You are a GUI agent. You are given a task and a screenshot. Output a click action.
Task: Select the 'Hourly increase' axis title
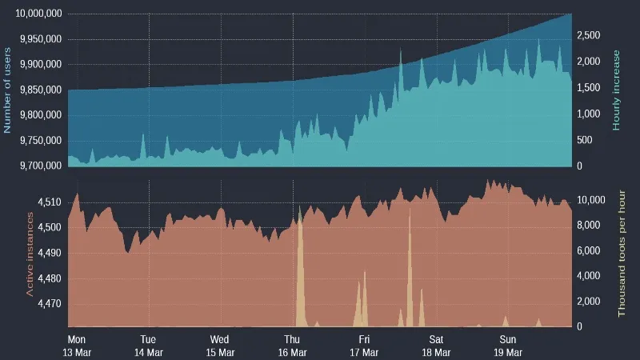(x=617, y=90)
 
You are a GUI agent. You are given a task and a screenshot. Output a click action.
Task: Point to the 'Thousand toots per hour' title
(x=622, y=254)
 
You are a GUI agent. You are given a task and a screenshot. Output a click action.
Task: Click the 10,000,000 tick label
(x=36, y=14)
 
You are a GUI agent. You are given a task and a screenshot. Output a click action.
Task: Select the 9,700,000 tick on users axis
(x=40, y=166)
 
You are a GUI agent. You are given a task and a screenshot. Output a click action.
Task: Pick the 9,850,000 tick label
(x=40, y=90)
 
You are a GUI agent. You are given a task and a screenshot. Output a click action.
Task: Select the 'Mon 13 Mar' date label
(x=77, y=345)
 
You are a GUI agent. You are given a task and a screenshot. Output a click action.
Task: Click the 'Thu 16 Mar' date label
(x=292, y=345)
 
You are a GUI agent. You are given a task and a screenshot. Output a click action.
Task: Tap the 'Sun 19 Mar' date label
(x=508, y=345)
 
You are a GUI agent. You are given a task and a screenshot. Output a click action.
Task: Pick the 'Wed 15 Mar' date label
(x=220, y=345)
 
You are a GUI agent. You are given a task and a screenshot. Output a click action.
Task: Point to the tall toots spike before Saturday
(x=410, y=212)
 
